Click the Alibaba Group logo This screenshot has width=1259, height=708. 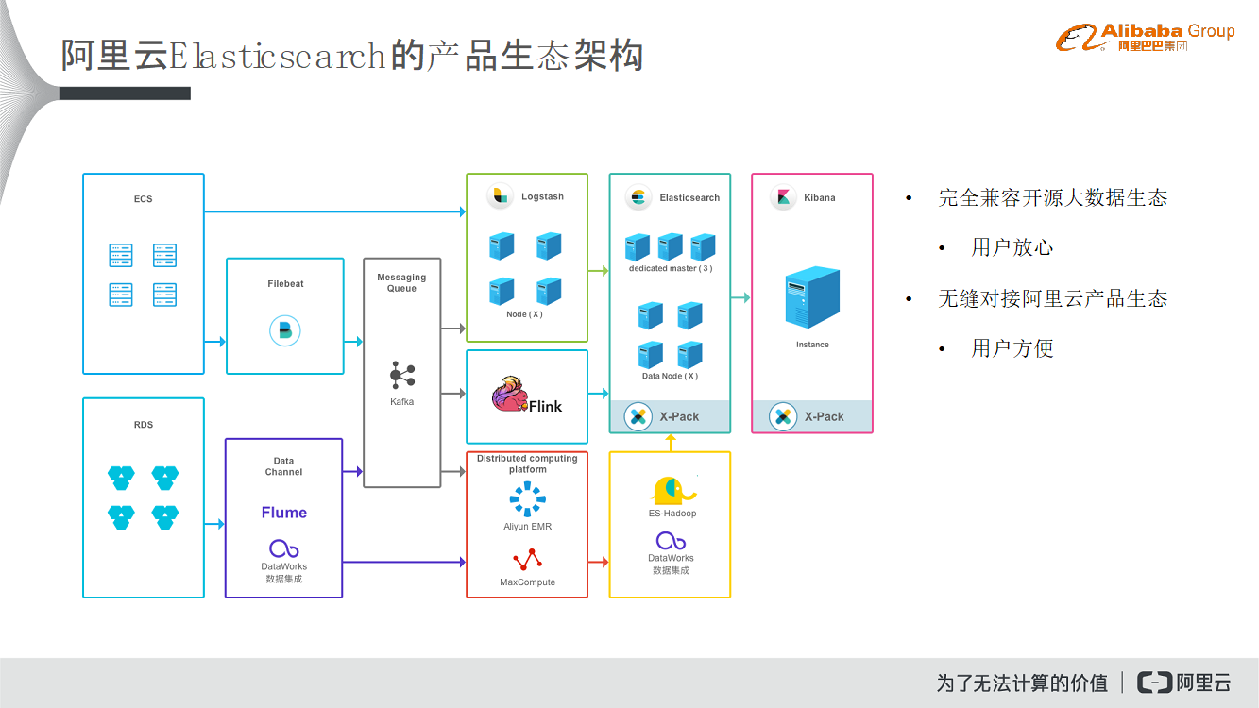(x=1145, y=38)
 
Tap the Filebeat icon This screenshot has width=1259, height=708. (x=284, y=329)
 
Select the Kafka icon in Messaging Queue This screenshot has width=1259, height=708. (x=401, y=376)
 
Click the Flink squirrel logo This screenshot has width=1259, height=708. (x=510, y=394)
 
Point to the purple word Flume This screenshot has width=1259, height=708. (x=284, y=513)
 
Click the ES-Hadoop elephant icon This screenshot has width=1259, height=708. (x=672, y=490)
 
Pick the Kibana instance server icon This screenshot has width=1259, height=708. (x=812, y=298)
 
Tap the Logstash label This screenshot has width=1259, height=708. (x=542, y=197)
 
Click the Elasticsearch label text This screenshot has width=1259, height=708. (x=689, y=198)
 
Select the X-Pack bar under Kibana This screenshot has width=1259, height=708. (x=812, y=416)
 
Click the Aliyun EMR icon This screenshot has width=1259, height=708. (x=527, y=499)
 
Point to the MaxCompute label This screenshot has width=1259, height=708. (x=527, y=582)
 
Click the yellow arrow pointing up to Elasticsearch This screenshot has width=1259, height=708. (x=670, y=442)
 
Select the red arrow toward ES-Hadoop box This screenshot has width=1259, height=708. (x=599, y=562)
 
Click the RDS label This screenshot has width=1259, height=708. (x=144, y=425)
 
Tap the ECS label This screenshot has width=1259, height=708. (x=144, y=199)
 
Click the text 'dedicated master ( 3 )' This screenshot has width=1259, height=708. (x=671, y=269)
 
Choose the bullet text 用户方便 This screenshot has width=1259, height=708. (x=1012, y=348)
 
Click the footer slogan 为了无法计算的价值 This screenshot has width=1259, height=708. (x=1022, y=683)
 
